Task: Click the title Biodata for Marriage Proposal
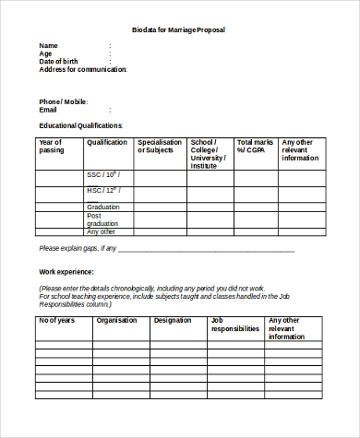pyautogui.click(x=179, y=30)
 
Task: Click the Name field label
pyautogui.click(x=48, y=45)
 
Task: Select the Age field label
pyautogui.click(x=45, y=53)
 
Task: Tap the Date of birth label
pyautogui.click(x=59, y=62)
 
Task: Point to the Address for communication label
pyautogui.click(x=82, y=69)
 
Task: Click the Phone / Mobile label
pyautogui.click(x=63, y=101)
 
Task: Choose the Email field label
pyautogui.click(x=48, y=110)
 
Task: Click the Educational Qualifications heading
pyautogui.click(x=80, y=125)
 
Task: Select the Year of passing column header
pyautogui.click(x=50, y=147)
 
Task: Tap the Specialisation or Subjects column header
pyautogui.click(x=160, y=147)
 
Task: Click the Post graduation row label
pyautogui.click(x=102, y=219)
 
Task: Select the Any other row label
pyautogui.click(x=101, y=232)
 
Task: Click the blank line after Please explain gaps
pyautogui.click(x=207, y=249)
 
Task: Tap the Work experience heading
pyautogui.click(x=66, y=272)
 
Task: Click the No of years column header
pyautogui.click(x=56, y=321)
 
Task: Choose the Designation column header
pyautogui.click(x=173, y=321)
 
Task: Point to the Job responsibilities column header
pyautogui.click(x=234, y=325)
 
